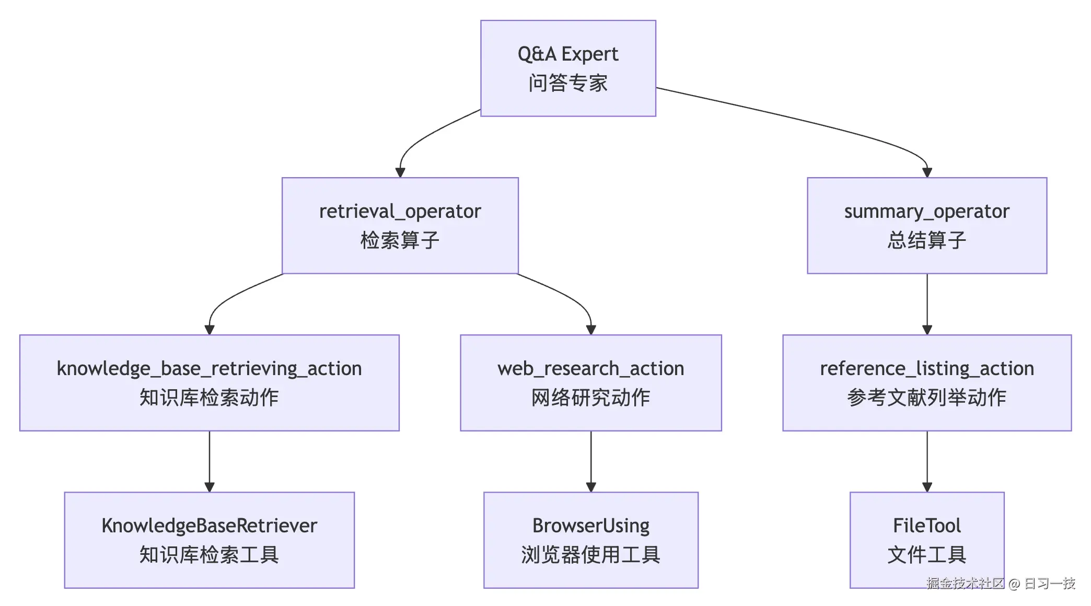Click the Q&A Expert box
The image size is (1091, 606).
pyautogui.click(x=568, y=68)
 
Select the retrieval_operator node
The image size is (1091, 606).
pyautogui.click(x=400, y=226)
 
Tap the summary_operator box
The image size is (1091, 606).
pyautogui.click(x=927, y=226)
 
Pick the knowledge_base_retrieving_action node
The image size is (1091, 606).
pyautogui.click(x=210, y=383)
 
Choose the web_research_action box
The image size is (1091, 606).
pyautogui.click(x=591, y=383)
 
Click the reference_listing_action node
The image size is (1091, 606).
pyautogui.click(x=927, y=383)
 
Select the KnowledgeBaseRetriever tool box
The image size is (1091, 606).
pyautogui.click(x=210, y=540)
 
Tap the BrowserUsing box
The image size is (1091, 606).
pyautogui.click(x=591, y=540)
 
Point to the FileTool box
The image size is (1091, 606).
pyautogui.click(x=927, y=540)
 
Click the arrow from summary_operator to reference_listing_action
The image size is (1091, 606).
pyautogui.click(x=927, y=304)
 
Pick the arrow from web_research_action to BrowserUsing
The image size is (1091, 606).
pyautogui.click(x=591, y=461)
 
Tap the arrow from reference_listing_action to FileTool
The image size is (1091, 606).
pyautogui.click(x=927, y=461)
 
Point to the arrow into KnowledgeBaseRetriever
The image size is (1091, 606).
pyautogui.click(x=210, y=461)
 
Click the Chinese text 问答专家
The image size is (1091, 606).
pyautogui.click(x=568, y=83)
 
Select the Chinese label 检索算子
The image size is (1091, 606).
pyautogui.click(x=400, y=240)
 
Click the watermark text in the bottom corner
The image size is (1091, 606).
pyautogui.click(x=1001, y=583)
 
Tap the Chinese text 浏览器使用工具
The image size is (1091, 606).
pyautogui.click(x=591, y=555)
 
